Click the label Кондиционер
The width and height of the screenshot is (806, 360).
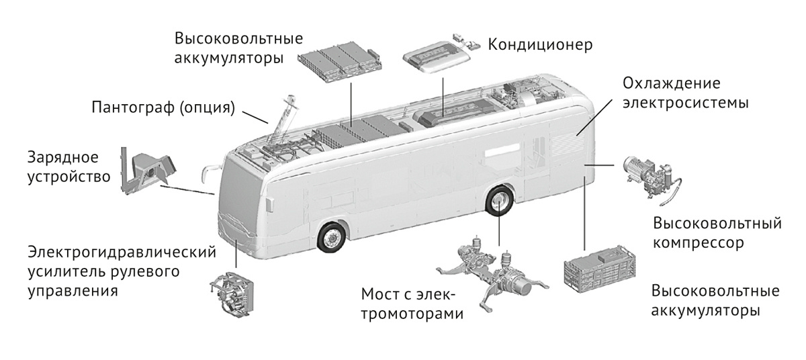(x=540, y=45)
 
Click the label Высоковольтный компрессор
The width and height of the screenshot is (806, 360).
(x=717, y=232)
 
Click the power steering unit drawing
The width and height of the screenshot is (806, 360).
(x=232, y=296)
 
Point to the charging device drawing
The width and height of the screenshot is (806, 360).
(x=147, y=169)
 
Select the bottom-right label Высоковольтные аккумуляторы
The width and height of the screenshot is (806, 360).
(x=715, y=302)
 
